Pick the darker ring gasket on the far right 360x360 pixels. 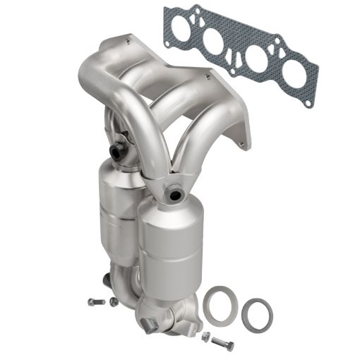coord(257,313)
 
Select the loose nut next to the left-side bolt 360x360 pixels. coord(114,301)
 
